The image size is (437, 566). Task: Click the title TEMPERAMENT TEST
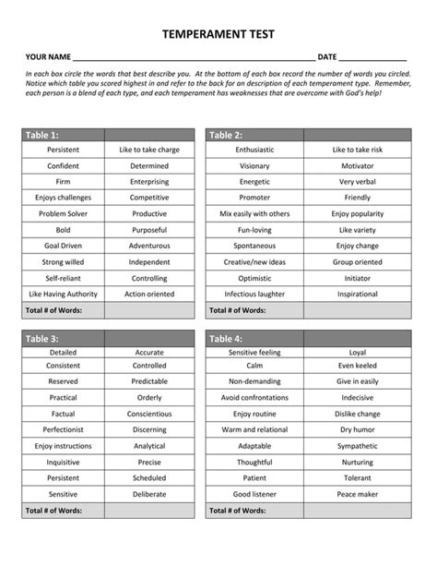click(x=218, y=34)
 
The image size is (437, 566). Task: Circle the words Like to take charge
click(x=149, y=150)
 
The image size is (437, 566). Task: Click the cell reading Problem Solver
click(x=64, y=213)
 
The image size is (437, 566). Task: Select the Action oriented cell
click(x=149, y=294)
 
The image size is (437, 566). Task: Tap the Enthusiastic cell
click(x=254, y=150)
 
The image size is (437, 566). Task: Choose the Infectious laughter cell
click(x=254, y=294)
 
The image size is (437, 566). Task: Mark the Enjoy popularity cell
click(x=358, y=213)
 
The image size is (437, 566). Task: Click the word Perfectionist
click(x=64, y=429)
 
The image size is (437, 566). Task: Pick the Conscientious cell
click(x=149, y=414)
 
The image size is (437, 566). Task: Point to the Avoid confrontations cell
click(x=254, y=398)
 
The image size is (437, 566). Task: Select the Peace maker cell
click(x=358, y=494)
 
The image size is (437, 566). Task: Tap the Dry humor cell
click(x=358, y=429)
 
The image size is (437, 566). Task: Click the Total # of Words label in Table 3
click(x=54, y=510)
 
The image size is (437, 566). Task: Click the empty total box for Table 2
click(x=358, y=310)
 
